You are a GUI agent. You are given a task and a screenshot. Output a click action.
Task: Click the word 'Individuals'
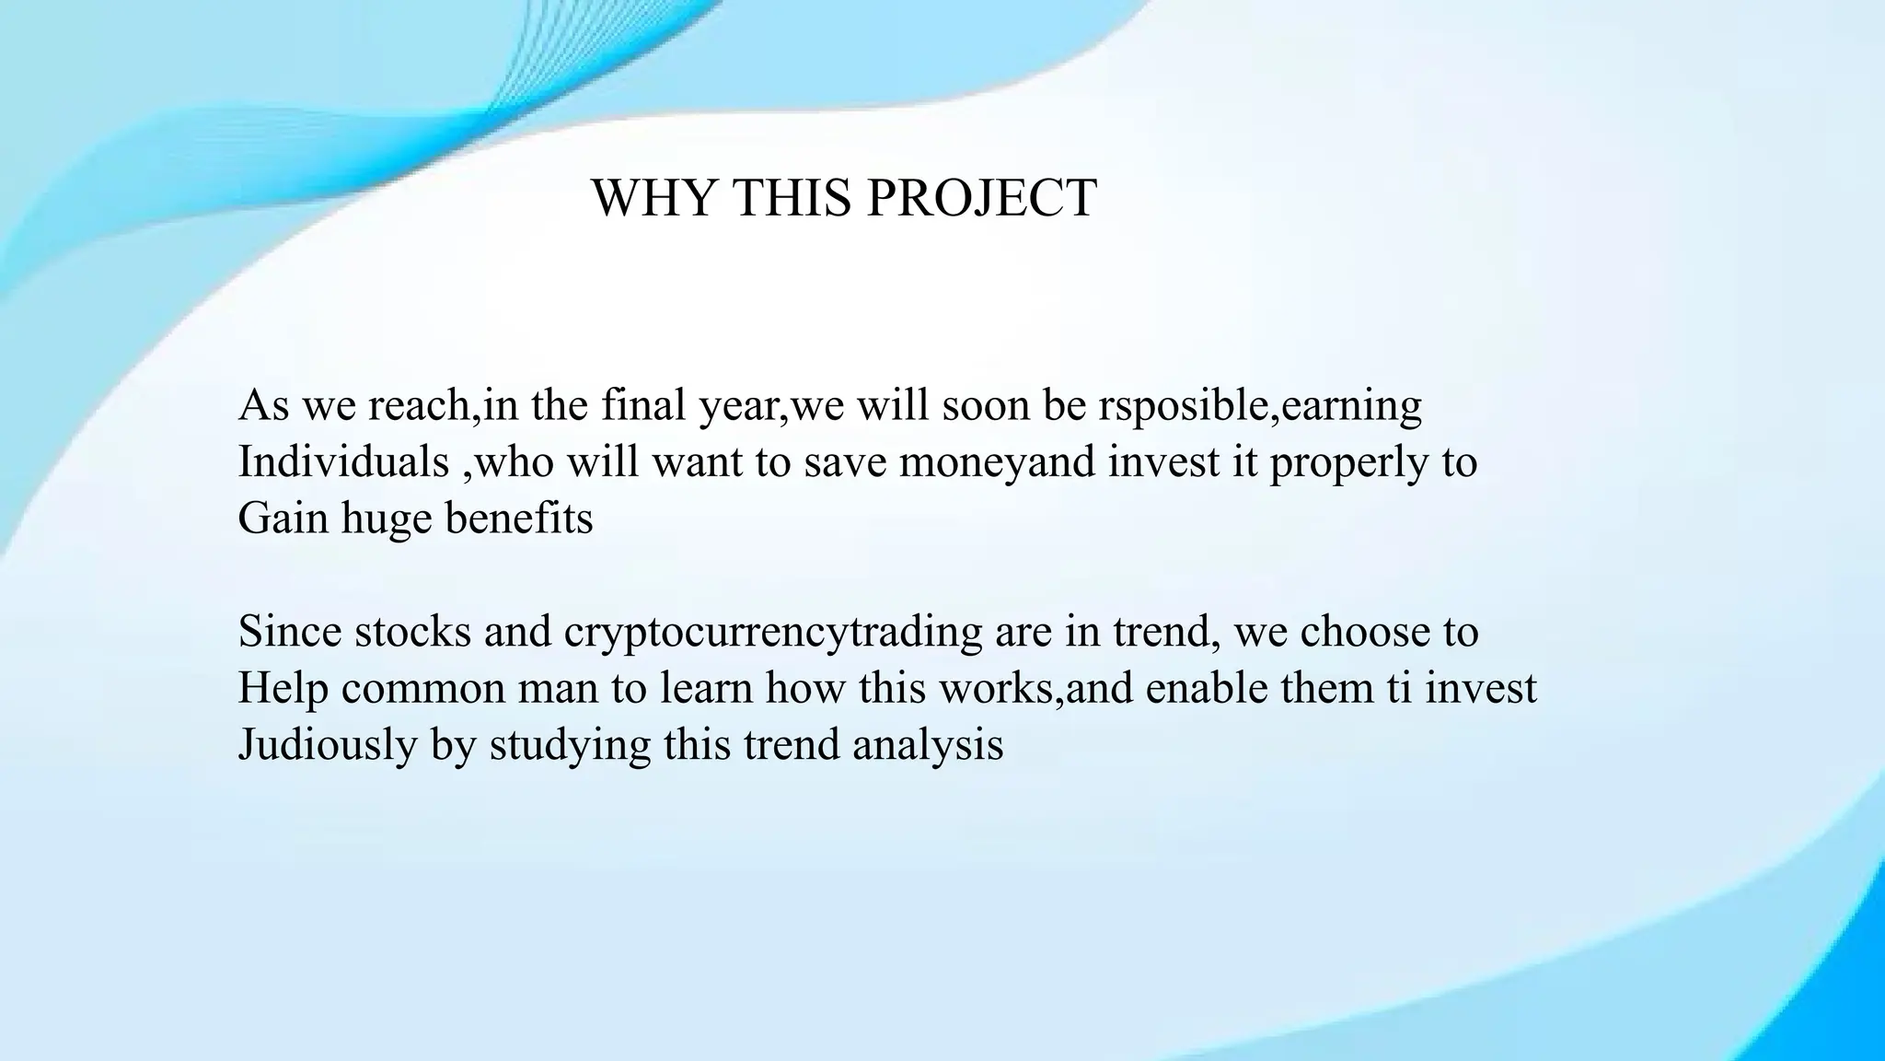coord(343,461)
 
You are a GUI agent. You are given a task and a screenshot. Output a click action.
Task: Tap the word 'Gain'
coord(283,519)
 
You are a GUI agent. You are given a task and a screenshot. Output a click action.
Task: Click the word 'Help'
coord(283,689)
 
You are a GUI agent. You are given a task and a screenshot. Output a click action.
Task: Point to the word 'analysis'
coord(928,745)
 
